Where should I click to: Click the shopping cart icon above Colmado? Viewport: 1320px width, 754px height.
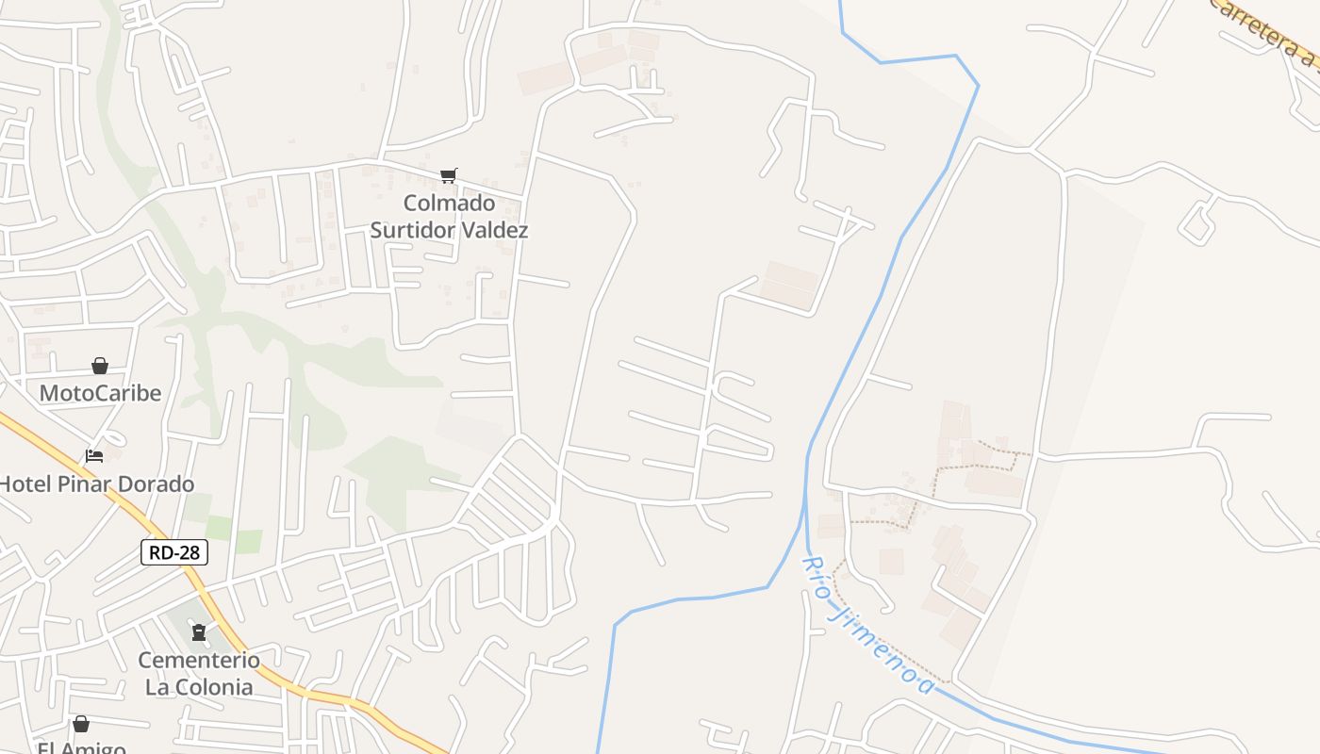[449, 175]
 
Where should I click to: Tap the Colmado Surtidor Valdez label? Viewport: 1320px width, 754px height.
[449, 217]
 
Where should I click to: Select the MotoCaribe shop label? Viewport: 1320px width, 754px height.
[100, 393]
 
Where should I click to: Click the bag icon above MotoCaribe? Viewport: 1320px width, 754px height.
[100, 366]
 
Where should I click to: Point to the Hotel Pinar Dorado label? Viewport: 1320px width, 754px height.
[97, 484]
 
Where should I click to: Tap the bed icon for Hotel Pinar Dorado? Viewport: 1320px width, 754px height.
[94, 456]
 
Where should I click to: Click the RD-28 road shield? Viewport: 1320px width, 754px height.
[174, 552]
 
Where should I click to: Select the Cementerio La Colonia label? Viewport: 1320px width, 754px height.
[199, 673]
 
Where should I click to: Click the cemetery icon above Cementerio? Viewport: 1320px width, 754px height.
[199, 632]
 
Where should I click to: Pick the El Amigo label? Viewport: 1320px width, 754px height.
[81, 747]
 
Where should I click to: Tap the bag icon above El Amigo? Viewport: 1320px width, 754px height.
[81, 724]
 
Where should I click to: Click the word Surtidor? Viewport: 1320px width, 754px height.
[414, 230]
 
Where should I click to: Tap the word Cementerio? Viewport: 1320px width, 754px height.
[199, 660]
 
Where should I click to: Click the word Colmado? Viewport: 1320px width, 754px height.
[449, 204]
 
